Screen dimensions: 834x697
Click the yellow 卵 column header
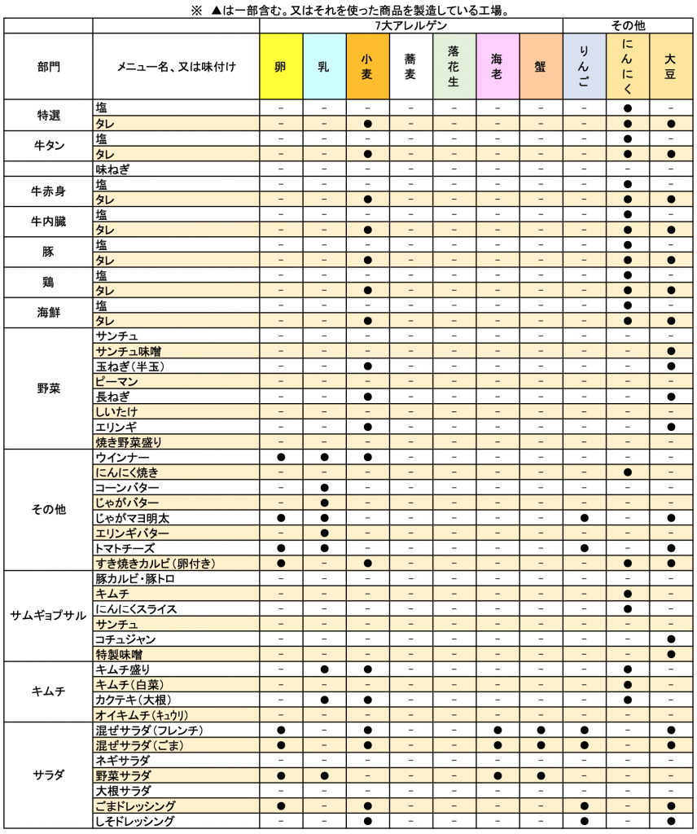tap(281, 66)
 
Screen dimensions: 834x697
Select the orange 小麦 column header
tap(367, 66)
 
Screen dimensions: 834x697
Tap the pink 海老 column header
tap(497, 66)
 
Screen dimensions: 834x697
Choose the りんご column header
tap(584, 66)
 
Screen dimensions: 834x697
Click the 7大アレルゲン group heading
tap(410, 25)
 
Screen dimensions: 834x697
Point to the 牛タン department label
tap(48, 146)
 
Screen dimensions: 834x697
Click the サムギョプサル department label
tap(48, 617)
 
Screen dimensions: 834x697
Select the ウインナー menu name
tap(122, 457)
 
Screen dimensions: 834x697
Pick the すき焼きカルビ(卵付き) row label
tap(156, 564)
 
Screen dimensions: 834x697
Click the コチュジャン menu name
tap(125, 639)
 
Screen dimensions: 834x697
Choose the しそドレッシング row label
tap(135, 821)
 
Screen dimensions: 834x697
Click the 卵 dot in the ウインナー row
tap(281, 457)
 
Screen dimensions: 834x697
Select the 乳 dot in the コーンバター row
tap(324, 487)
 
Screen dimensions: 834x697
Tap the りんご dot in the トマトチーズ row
tap(584, 548)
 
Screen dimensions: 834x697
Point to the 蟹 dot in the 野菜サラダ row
tap(541, 775)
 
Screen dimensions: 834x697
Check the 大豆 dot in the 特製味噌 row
tap(671, 654)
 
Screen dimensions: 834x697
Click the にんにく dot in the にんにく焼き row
tap(628, 472)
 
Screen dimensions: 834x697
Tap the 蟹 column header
tap(541, 66)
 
